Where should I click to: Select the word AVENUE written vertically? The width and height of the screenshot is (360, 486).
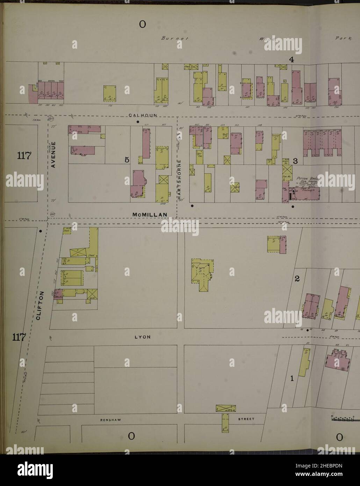(53, 155)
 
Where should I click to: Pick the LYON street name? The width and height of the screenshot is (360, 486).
(142, 337)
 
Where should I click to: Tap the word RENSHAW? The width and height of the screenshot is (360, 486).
(110, 419)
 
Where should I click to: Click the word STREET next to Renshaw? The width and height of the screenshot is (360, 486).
(247, 419)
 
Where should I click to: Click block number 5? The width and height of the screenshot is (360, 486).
(127, 160)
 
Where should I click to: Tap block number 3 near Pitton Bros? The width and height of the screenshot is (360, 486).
(295, 161)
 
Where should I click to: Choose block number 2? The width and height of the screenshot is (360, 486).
(297, 279)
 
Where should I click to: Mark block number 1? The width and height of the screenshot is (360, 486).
(292, 378)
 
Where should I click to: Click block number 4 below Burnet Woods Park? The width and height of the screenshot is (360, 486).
(291, 60)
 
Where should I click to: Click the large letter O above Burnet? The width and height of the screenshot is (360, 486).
(142, 24)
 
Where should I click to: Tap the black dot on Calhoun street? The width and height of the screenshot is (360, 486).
(138, 122)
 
